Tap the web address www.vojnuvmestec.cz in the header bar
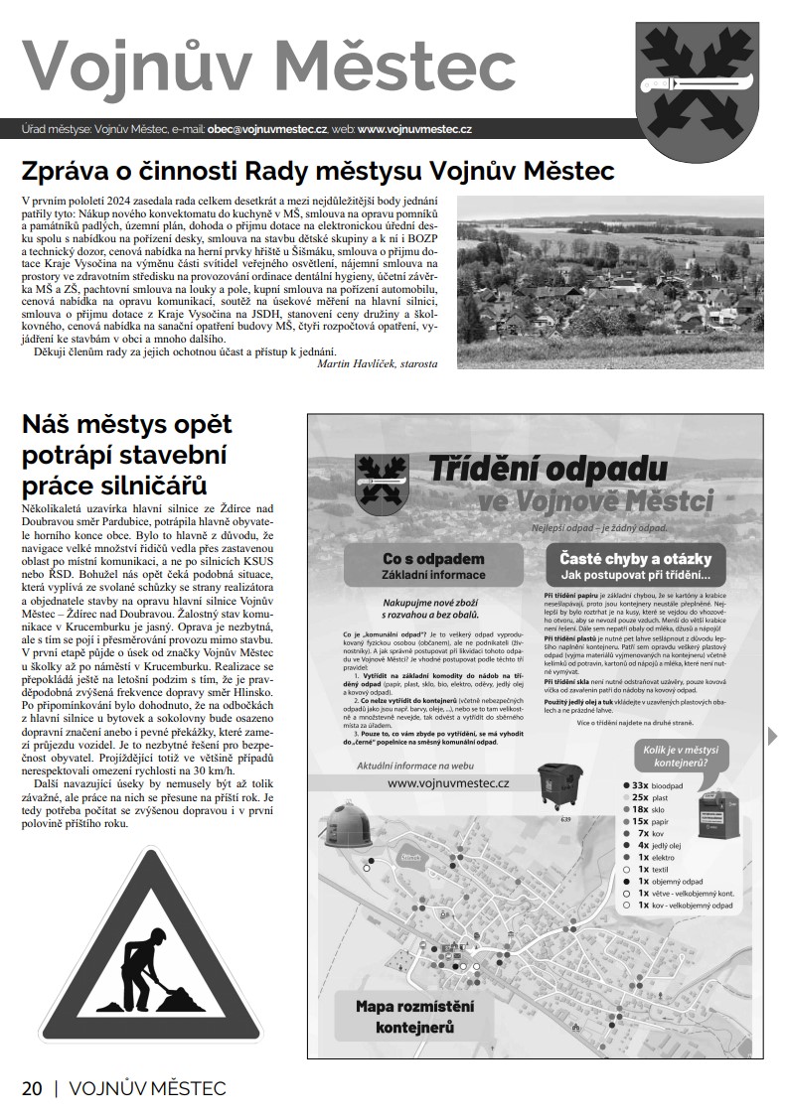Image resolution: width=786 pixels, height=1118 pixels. (x=414, y=129)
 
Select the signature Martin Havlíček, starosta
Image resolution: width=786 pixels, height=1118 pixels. (x=377, y=364)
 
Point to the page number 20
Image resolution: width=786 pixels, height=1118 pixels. (x=32, y=1088)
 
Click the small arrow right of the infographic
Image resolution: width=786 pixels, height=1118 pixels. (x=773, y=736)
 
